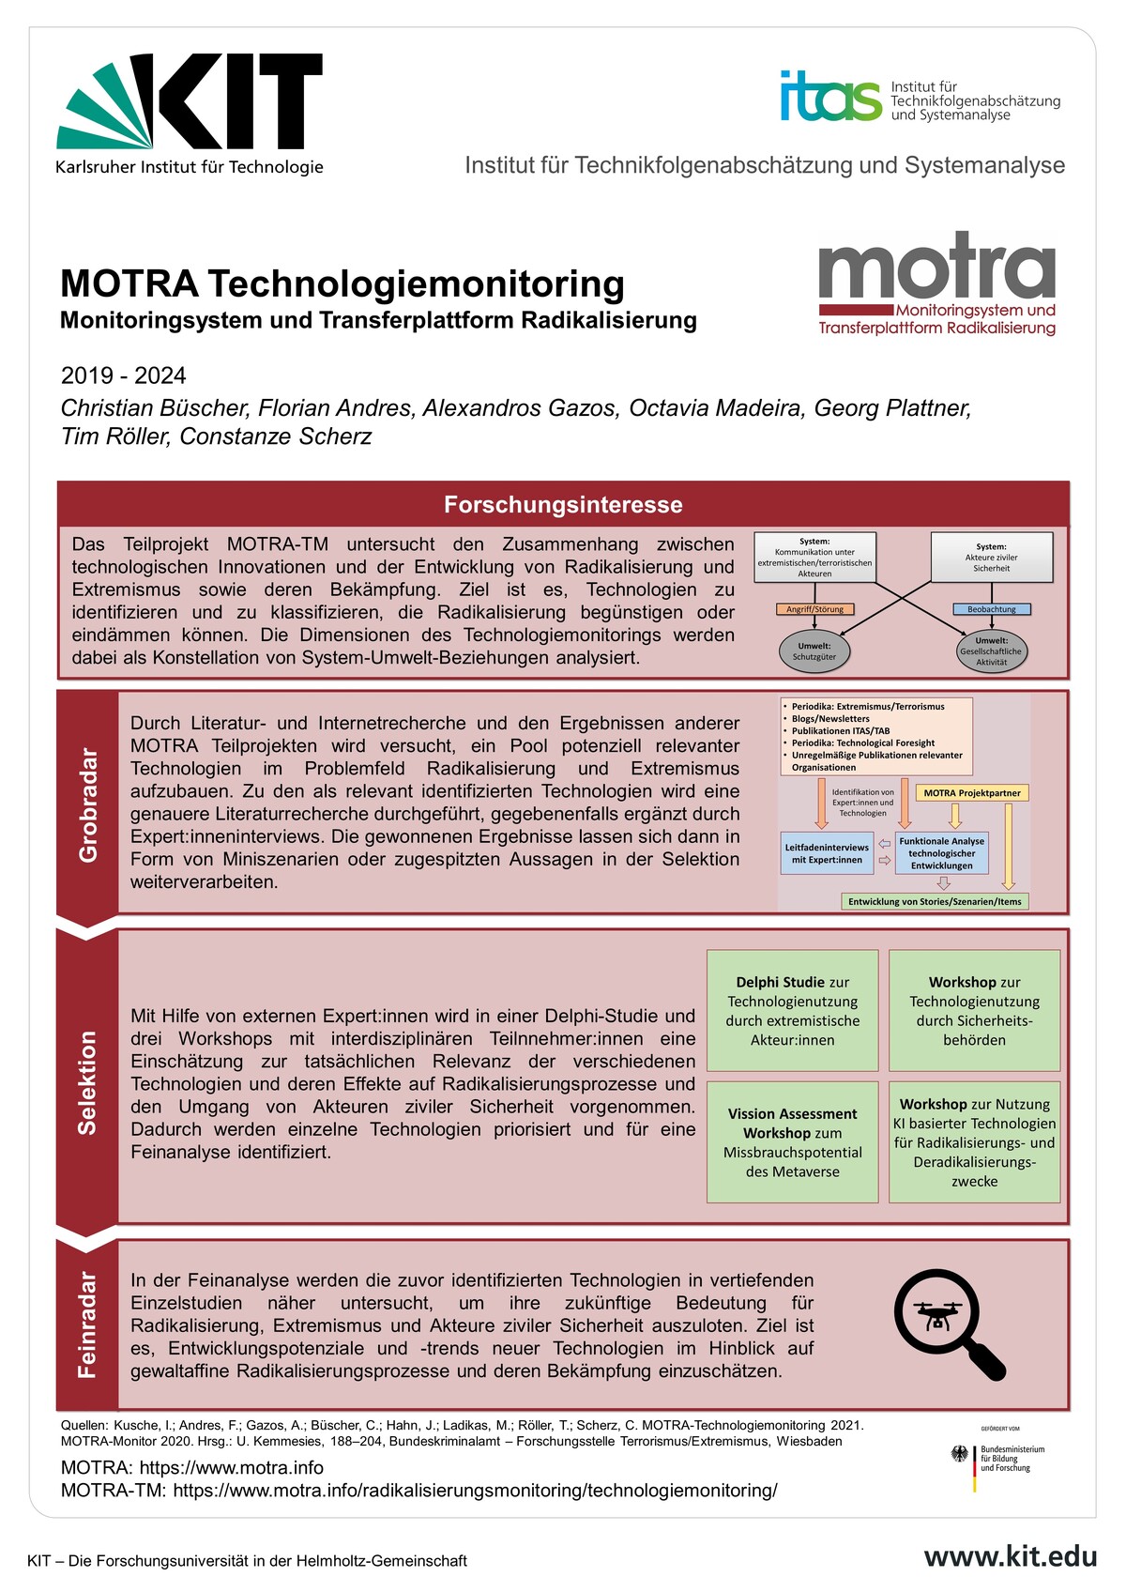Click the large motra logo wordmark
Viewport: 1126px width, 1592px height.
(x=937, y=267)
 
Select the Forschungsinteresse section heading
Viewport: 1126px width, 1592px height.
(x=563, y=505)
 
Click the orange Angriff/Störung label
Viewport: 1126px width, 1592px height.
(x=814, y=609)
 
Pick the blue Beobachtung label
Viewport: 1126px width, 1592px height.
(x=991, y=609)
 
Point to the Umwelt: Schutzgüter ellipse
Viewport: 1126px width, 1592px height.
(x=814, y=651)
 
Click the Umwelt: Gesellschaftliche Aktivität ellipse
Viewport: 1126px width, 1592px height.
(x=991, y=651)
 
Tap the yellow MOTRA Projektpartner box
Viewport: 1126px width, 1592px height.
(x=971, y=793)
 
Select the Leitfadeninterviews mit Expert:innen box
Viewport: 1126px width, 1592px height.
(x=827, y=853)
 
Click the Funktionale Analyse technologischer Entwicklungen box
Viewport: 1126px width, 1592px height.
(x=941, y=853)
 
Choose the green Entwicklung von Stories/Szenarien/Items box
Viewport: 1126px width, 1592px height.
(x=935, y=902)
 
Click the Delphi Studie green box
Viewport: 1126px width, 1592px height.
(x=792, y=1010)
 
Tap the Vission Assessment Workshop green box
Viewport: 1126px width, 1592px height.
(x=792, y=1141)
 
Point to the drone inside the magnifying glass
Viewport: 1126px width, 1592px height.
(x=936, y=1317)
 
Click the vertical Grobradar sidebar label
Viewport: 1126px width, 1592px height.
(x=87, y=804)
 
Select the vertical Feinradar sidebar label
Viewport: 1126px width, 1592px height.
(x=87, y=1324)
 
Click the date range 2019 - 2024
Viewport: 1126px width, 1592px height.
(x=123, y=376)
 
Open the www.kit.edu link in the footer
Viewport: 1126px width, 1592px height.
(x=1010, y=1556)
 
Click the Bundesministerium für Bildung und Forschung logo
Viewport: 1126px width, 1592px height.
(x=998, y=1458)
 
